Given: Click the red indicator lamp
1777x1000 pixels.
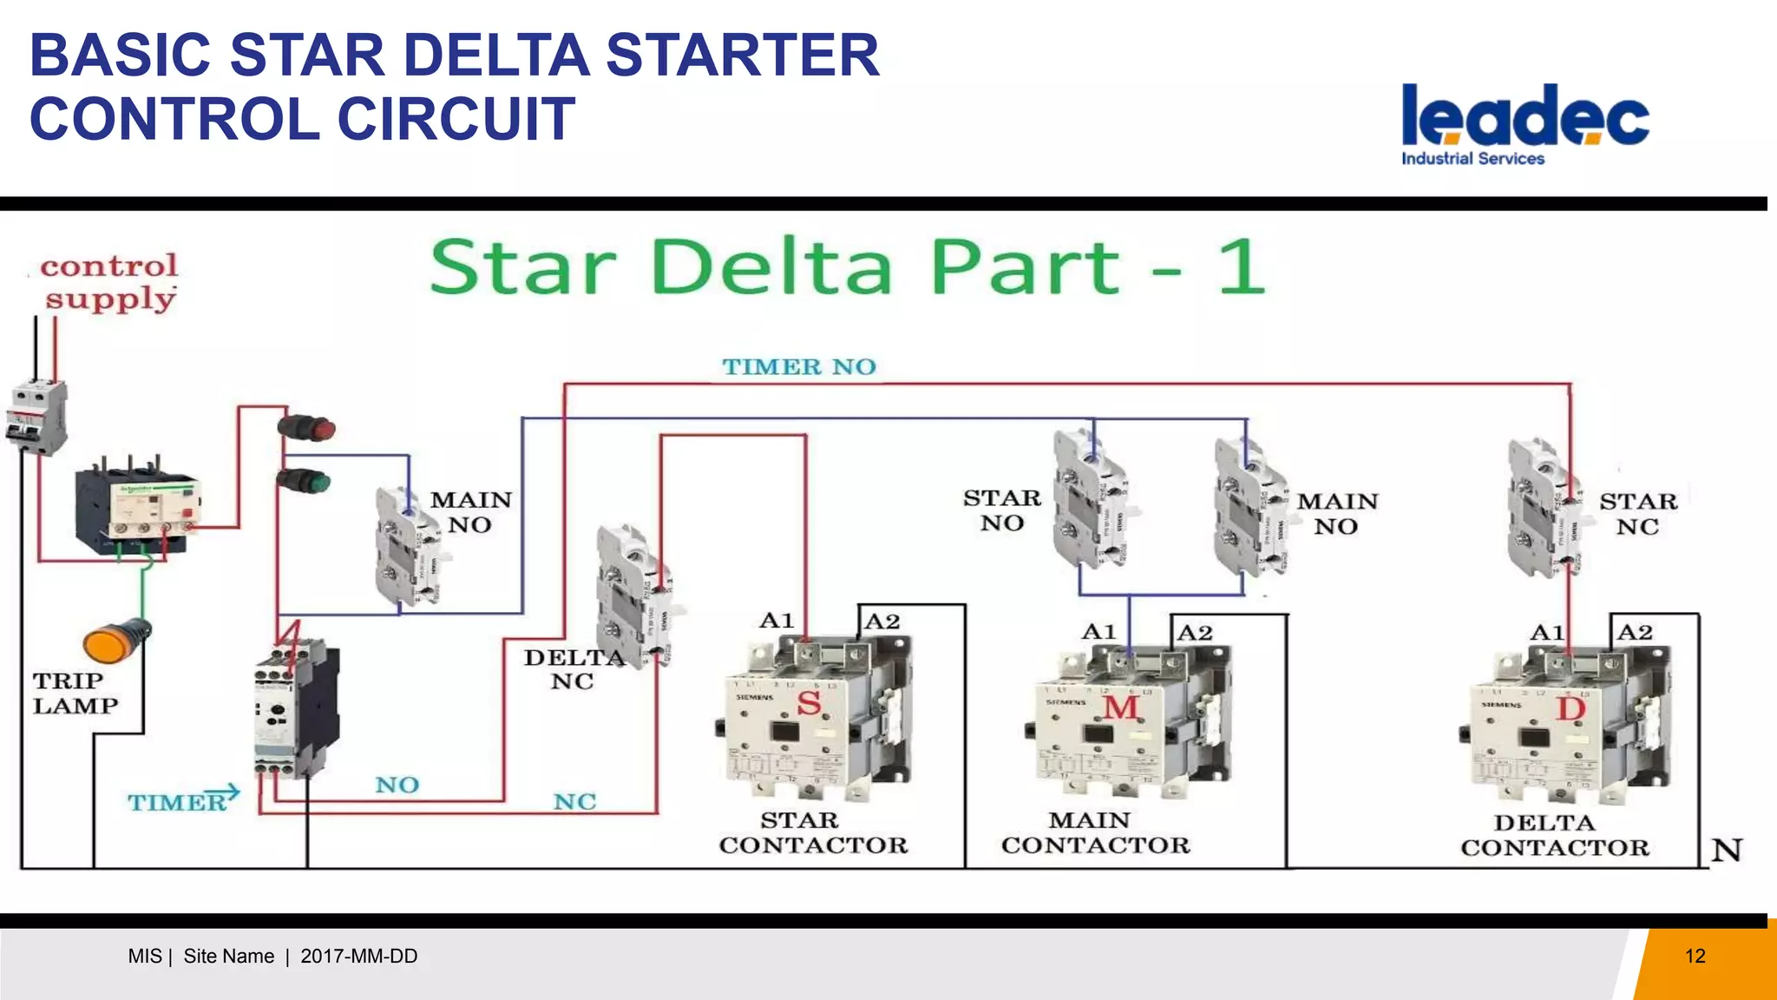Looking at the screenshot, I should click(x=307, y=429).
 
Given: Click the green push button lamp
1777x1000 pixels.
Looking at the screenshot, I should click(x=304, y=482).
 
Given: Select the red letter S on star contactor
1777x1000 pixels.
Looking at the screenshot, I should click(x=809, y=702).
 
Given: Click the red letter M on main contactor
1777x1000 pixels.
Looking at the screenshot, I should click(x=1120, y=707).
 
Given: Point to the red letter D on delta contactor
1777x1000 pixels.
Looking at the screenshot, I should click(x=1570, y=709).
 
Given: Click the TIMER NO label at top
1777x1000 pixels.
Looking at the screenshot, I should click(x=799, y=367).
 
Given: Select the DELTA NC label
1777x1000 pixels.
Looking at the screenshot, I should click(x=573, y=669).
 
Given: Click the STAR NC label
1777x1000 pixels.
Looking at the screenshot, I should click(x=1638, y=514).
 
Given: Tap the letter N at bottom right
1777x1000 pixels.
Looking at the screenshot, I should click(x=1727, y=850).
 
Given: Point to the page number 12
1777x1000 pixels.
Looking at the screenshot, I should click(x=1695, y=956).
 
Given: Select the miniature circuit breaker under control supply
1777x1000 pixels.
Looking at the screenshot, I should click(x=38, y=418).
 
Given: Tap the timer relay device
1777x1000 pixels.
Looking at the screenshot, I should click(x=295, y=710).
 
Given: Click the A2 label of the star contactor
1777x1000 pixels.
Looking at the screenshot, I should click(x=882, y=622).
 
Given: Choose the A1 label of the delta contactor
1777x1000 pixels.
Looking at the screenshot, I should click(x=1546, y=632).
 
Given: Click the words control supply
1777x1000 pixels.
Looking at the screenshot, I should click(x=109, y=282).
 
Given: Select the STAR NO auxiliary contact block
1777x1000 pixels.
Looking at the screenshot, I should click(x=1089, y=499).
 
